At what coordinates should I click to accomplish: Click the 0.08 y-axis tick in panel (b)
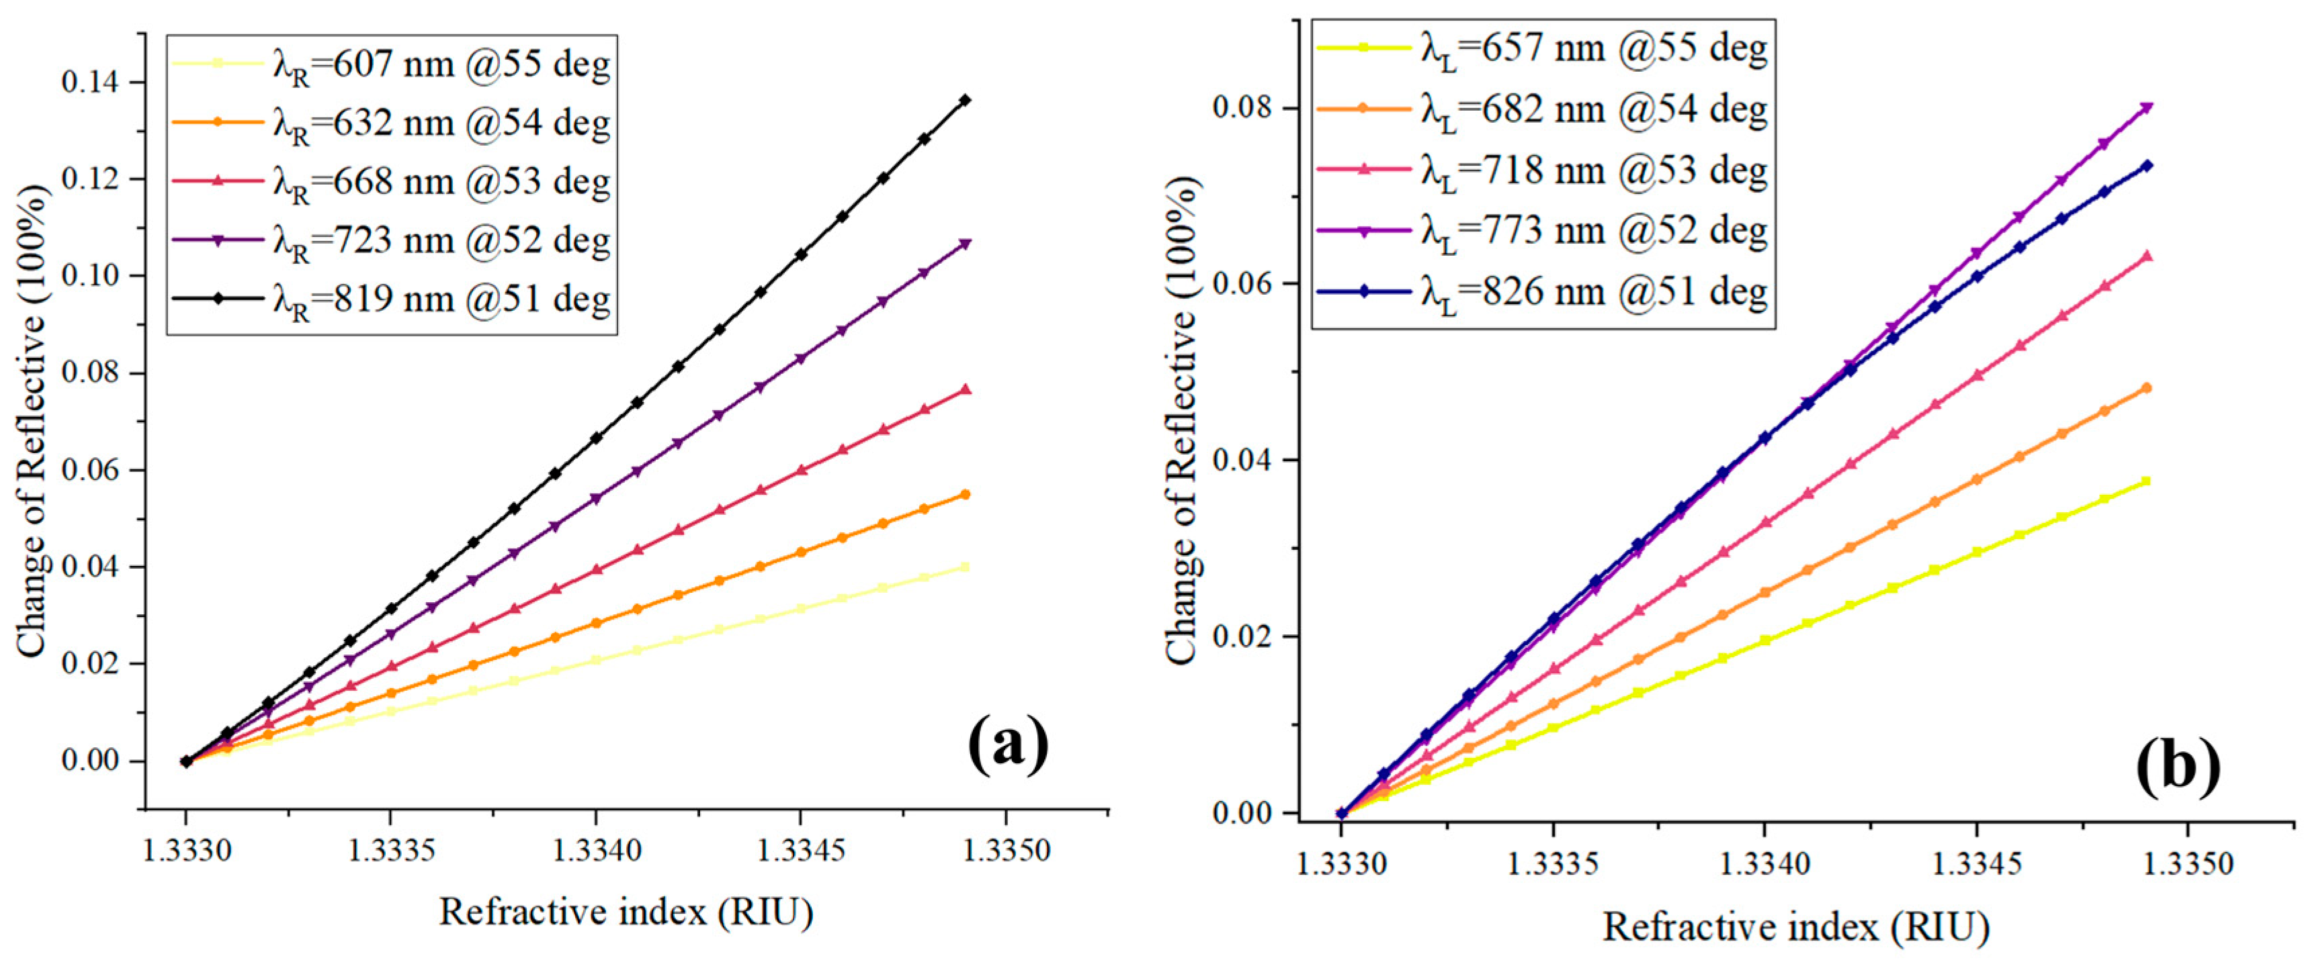pyautogui.click(x=1242, y=107)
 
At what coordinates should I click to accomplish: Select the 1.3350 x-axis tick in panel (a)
pyautogui.click(x=1006, y=851)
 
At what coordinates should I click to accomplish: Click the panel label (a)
pyautogui.click(x=1009, y=743)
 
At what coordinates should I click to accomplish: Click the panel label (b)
pyautogui.click(x=2176, y=768)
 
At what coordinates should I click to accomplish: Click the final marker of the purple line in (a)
pyautogui.click(x=965, y=244)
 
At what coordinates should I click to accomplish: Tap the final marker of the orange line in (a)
pyautogui.click(x=965, y=495)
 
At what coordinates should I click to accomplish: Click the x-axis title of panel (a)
pyautogui.click(x=626, y=912)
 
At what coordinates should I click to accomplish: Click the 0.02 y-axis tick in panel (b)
pyautogui.click(x=1242, y=637)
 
